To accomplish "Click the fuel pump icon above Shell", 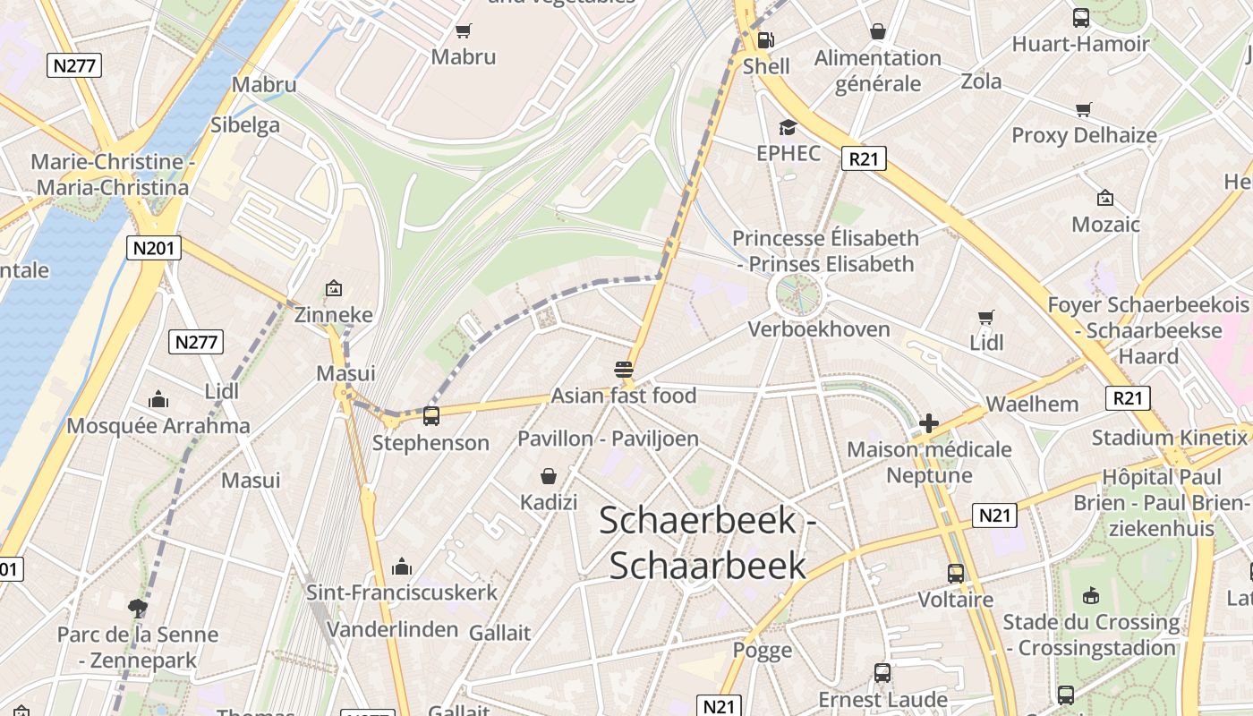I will (x=765, y=39).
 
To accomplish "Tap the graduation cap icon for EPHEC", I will (x=788, y=127).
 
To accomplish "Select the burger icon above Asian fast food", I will (x=624, y=369).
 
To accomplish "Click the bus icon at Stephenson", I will (x=431, y=415).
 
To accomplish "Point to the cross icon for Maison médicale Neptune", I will (x=929, y=423).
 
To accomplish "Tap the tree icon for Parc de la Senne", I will (x=138, y=609).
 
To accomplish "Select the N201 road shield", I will (x=154, y=248).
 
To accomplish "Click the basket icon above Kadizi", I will (x=549, y=476).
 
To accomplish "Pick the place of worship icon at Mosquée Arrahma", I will (x=158, y=399).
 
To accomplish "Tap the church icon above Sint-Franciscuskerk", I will (x=402, y=567).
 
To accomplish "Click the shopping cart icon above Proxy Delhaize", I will (x=1084, y=109).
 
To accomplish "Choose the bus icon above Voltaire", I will (x=956, y=573).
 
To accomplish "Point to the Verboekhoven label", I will (x=819, y=328).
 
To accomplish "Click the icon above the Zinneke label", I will (x=334, y=288).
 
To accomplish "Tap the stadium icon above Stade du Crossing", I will (x=1090, y=595).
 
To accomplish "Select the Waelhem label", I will (x=1032, y=404).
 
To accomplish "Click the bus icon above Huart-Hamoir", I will (x=1081, y=18).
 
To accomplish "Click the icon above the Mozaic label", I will (x=1105, y=198).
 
